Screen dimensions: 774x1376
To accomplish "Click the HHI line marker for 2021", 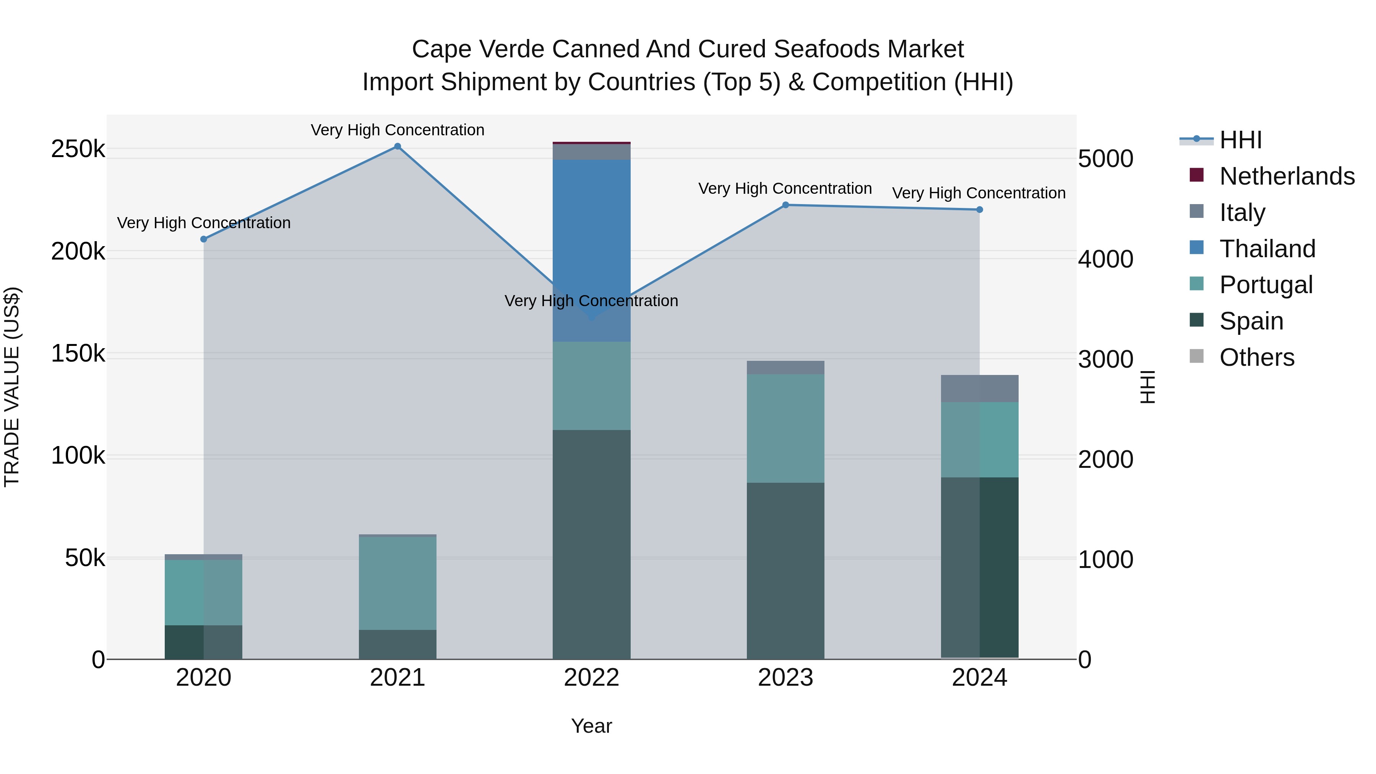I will pos(398,146).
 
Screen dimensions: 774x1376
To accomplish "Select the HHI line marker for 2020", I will pos(203,239).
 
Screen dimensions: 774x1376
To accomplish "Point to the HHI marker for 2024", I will pos(979,210).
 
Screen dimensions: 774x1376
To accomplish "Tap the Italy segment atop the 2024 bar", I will pos(979,388).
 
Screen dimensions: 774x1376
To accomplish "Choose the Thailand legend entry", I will pos(1267,249).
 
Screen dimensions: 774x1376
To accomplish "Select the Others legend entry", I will pos(1256,357).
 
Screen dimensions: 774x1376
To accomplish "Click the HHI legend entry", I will pos(1240,140).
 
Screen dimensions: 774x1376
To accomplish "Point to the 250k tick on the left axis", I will pos(78,149).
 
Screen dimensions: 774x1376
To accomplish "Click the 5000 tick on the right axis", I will pos(1105,159).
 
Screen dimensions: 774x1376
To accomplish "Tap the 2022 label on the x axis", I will pos(591,678).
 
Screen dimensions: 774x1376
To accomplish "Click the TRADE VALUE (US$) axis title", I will pos(12,387).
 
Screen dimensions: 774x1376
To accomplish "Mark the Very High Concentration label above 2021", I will pos(398,130).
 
